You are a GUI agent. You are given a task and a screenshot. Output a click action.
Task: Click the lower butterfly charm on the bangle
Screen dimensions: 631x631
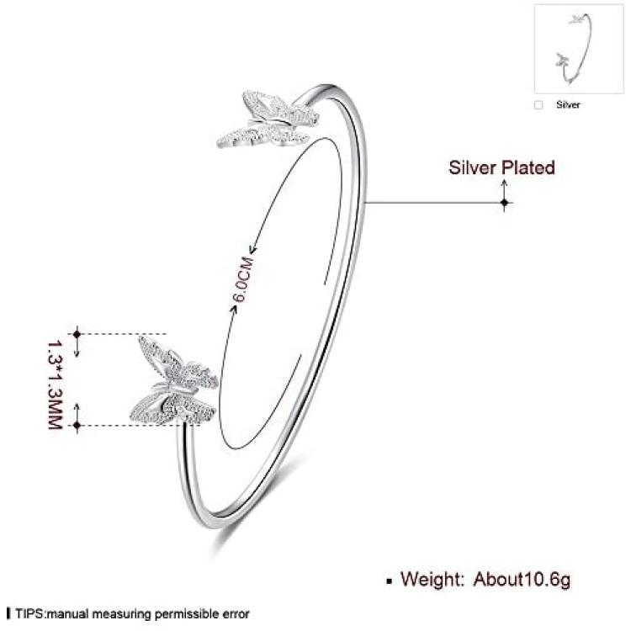174,381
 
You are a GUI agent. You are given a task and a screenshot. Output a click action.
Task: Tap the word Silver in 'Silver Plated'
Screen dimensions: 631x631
472,167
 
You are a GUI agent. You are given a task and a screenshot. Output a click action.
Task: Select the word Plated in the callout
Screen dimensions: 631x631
528,167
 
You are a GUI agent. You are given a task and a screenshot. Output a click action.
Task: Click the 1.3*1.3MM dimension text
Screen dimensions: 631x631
56,385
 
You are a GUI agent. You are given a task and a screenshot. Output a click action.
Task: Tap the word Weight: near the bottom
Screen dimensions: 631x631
432,579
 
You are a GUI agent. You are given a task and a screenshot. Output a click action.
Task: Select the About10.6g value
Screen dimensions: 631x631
522,580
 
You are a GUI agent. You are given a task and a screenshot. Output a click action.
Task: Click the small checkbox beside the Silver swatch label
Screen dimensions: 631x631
538,105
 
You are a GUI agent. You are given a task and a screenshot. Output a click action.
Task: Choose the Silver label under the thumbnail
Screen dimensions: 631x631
568,104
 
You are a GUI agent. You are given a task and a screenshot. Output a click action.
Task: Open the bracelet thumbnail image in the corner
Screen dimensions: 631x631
579,49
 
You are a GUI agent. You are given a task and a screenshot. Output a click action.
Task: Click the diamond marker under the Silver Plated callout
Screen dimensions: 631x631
504,203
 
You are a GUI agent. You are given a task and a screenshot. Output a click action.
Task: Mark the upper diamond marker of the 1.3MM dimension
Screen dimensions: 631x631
77,334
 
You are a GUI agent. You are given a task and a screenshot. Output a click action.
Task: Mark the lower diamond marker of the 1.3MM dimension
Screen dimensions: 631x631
77,426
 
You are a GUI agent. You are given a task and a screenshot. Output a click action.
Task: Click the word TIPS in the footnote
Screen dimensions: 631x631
29,613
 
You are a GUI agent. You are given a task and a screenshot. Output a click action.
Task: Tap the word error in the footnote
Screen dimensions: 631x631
236,614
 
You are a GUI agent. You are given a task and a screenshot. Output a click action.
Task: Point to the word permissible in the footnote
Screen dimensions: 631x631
187,614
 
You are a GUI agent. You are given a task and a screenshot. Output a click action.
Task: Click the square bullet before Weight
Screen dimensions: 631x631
390,581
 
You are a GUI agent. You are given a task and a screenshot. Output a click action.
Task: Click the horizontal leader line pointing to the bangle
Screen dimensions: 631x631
434,203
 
